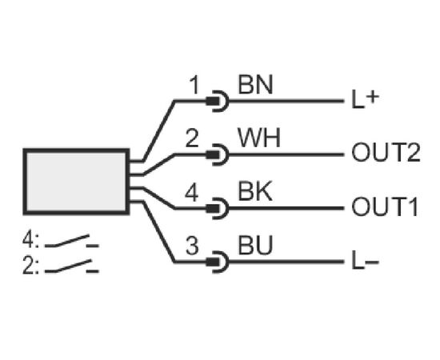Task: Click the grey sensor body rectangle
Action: (76, 182)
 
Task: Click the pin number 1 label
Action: (194, 86)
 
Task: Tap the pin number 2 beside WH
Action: (192, 138)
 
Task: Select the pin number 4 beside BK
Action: (192, 193)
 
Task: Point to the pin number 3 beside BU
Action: (192, 246)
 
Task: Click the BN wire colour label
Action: (255, 85)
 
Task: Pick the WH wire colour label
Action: (259, 138)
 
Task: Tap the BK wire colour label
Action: (255, 192)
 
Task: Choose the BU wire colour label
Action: (255, 246)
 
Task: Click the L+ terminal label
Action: (365, 100)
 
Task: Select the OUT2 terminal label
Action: (386, 152)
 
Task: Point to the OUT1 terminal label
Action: (385, 206)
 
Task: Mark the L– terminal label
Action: (365, 262)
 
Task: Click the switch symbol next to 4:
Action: (72, 242)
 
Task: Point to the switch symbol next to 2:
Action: (72, 266)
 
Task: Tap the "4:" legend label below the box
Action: (31, 240)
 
